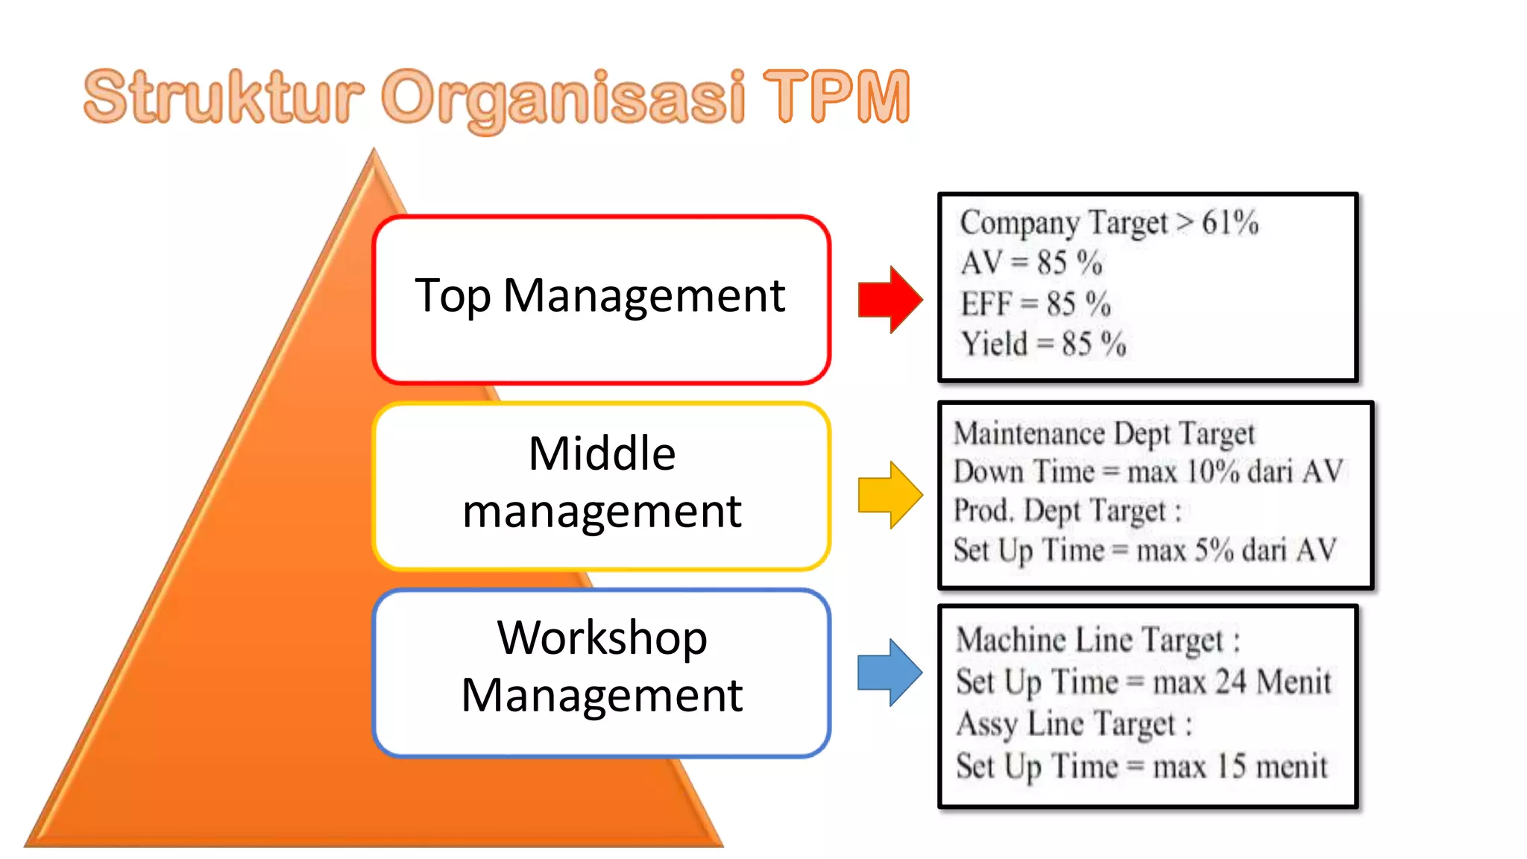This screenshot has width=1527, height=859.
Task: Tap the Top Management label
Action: coord(600,296)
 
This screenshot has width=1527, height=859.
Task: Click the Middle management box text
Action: coord(602,482)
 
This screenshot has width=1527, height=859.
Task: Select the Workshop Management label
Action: coord(602,666)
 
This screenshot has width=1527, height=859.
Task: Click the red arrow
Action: coord(890,299)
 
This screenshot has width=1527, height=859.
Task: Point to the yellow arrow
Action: coord(890,494)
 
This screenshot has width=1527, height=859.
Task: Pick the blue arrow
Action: coord(890,672)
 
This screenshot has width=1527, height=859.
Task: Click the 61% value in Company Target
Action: coord(1230,222)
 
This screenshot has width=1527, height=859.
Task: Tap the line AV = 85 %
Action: coord(1030,262)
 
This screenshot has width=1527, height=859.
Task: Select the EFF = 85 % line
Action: coord(1035,303)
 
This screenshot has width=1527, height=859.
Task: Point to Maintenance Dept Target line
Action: coord(1103,433)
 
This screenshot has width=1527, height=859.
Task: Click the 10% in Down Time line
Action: coord(1212,471)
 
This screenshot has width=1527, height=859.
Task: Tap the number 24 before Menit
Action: coord(1230,682)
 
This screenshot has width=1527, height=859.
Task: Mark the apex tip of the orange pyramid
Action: coord(374,151)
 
